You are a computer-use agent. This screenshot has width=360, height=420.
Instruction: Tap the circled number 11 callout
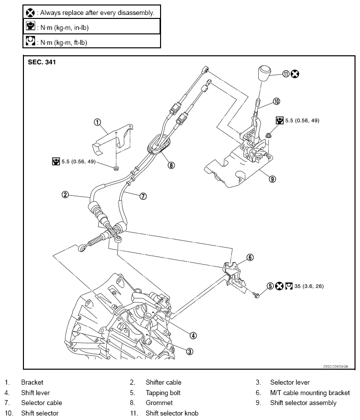point(286,74)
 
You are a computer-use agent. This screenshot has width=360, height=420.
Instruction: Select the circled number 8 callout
point(172,165)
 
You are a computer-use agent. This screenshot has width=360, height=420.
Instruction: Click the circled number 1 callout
point(98,122)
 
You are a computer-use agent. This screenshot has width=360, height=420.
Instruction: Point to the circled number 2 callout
point(65,194)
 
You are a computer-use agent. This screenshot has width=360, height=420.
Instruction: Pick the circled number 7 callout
point(143,196)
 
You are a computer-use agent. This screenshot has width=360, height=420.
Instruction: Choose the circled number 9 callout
point(272,179)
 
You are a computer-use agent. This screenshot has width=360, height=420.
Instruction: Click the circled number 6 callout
point(250,257)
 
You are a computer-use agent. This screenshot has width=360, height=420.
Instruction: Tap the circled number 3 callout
point(189,351)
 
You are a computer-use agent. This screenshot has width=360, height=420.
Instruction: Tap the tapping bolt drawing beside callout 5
point(256,295)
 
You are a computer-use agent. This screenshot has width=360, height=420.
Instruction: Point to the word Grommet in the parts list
point(159,403)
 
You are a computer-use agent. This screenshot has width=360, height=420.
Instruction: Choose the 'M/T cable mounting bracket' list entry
point(310,393)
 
